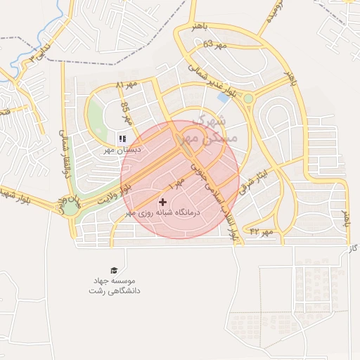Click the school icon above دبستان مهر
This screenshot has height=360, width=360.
tap(122, 139)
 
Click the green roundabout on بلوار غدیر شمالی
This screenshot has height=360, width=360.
tap(247, 99)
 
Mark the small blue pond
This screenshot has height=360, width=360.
tap(224, 97)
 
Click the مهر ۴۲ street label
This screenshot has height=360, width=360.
tap(260, 231)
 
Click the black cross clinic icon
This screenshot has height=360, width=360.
tap(163, 202)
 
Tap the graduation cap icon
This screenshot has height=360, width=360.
tap(113, 270)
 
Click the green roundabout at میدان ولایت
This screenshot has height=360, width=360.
tap(71, 208)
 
